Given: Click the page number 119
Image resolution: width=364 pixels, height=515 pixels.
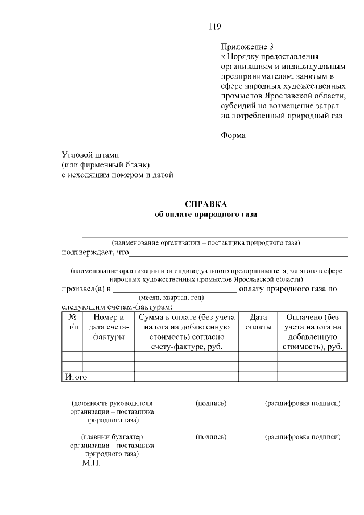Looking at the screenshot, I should click(x=214, y=27).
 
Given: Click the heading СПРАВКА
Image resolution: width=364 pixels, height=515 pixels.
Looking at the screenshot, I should click(x=205, y=204).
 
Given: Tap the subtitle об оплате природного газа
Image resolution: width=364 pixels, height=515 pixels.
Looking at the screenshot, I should click(x=205, y=215).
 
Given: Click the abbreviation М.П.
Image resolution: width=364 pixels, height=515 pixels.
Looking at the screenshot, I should click(x=90, y=464).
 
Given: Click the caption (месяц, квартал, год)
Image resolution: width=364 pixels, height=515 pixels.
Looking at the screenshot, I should click(x=171, y=298).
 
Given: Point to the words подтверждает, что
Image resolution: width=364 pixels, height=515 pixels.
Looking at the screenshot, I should click(x=96, y=253).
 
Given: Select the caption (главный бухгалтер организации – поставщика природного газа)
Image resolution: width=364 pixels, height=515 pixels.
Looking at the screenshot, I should click(x=112, y=446).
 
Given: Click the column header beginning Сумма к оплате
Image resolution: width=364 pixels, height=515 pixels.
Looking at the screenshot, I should click(x=186, y=332).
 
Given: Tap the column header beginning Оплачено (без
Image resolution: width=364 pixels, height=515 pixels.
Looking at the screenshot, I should click(x=312, y=332).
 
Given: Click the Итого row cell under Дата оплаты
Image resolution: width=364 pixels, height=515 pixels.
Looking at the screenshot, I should click(x=258, y=376).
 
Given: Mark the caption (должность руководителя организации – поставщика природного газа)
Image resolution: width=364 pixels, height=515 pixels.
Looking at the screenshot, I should click(x=112, y=411).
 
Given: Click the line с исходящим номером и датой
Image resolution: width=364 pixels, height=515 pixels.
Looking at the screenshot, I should click(x=117, y=175).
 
